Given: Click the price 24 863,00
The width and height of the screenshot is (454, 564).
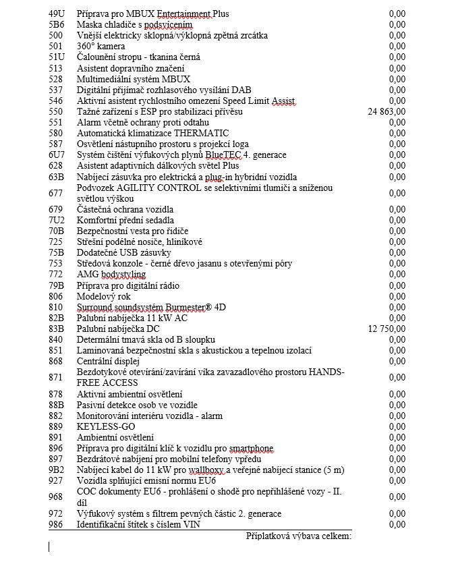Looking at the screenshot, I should [387, 111].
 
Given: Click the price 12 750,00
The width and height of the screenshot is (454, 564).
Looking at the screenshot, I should [387, 329].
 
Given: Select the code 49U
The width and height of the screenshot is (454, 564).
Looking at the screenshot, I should [57, 13].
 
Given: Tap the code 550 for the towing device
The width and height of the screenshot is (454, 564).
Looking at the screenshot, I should [56, 111].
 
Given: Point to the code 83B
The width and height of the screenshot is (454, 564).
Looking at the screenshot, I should [57, 329].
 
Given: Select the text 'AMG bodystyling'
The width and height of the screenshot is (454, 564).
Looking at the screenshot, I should [111, 274].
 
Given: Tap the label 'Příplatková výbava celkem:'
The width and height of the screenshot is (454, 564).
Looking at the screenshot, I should [298, 536].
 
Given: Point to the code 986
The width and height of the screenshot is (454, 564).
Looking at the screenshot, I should [56, 524].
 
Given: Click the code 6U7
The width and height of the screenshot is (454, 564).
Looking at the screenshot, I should [57, 154].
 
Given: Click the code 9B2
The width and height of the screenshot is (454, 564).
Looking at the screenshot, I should [57, 470].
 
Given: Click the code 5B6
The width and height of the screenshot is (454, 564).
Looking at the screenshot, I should [57, 24].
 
